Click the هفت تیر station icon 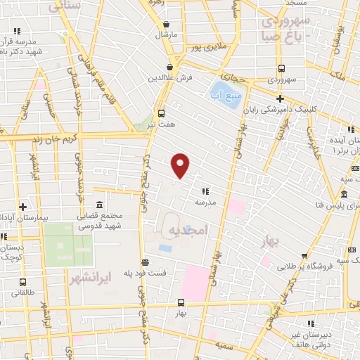coord(162,112)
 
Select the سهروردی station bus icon coord(281,68)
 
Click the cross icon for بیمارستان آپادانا coord(23,207)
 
